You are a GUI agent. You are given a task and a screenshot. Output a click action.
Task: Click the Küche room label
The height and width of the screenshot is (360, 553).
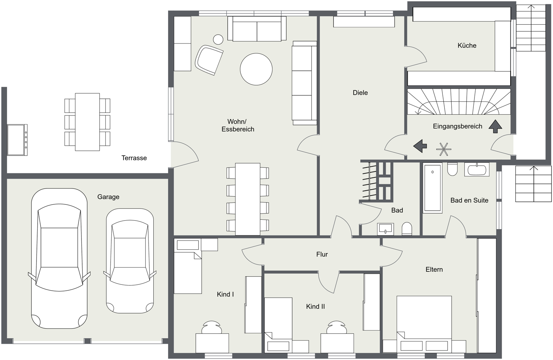(467, 45)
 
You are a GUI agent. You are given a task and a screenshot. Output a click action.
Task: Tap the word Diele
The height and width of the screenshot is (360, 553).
(360, 93)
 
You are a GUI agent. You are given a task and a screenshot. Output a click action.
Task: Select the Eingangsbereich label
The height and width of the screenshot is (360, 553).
(458, 126)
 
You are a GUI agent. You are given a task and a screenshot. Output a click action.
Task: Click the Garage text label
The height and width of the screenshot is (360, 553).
(108, 197)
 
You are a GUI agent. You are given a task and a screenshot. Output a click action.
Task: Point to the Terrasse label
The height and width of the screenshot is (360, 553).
(134, 158)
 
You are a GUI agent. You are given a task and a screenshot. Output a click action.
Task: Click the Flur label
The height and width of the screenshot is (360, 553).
(322, 254)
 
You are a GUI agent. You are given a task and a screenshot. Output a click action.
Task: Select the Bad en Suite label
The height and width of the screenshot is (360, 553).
(469, 200)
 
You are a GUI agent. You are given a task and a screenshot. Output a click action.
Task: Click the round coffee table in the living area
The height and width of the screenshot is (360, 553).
(256, 69)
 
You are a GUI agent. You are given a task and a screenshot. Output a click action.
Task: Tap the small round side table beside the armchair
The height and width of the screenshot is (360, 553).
(218, 39)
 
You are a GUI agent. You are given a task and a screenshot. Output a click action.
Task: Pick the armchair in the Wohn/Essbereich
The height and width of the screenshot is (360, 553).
(209, 60)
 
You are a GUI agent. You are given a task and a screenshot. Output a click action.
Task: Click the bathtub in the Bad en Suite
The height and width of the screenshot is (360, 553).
(432, 188)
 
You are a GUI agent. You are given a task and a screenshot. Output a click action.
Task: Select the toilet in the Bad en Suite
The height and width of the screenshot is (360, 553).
(452, 169)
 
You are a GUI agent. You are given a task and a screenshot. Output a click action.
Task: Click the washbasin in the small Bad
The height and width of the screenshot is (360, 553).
(385, 229)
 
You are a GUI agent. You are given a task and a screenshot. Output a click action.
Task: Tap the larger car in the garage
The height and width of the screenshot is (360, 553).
(59, 259)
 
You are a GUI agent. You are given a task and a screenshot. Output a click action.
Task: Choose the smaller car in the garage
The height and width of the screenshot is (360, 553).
(130, 261)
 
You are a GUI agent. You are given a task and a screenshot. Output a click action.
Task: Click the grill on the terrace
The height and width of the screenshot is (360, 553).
(17, 140)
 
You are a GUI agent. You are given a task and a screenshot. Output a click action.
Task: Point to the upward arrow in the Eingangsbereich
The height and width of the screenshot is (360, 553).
(495, 127)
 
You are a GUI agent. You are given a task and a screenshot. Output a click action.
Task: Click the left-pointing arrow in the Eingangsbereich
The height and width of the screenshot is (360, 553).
(420, 146)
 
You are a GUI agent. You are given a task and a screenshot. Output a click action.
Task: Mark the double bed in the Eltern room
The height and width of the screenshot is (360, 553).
(424, 324)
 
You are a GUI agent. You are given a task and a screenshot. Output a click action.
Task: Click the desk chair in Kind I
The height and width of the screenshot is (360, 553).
(211, 328)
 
